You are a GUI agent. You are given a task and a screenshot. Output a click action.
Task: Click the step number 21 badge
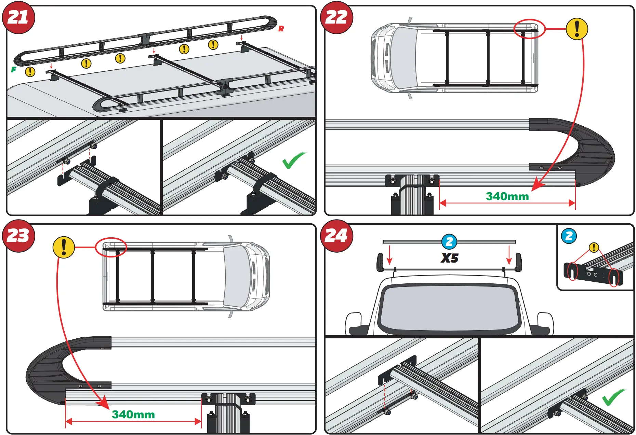tap(18, 17)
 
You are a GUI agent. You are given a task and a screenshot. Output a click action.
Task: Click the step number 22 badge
tap(336, 17)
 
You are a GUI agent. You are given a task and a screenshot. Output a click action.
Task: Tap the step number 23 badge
tap(18, 236)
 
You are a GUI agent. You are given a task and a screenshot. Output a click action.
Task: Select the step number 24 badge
tap(336, 236)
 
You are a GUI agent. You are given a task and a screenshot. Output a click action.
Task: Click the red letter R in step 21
tap(281, 29)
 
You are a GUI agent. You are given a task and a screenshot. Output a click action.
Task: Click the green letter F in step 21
tap(14, 70)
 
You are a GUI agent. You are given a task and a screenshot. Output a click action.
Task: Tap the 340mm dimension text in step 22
tap(507, 196)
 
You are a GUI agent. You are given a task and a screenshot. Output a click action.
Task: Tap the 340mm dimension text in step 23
tap(133, 415)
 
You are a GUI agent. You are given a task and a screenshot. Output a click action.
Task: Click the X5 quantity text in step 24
tap(449, 258)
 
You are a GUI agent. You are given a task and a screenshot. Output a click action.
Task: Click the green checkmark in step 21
tap(293, 160)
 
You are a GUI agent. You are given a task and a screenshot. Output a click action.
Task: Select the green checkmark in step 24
tap(613, 397)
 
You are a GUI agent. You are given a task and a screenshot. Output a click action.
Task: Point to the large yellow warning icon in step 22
tap(577, 29)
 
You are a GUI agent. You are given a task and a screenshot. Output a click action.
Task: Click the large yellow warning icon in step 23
tap(64, 247)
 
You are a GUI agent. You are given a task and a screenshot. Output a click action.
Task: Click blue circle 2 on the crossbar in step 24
tap(449, 242)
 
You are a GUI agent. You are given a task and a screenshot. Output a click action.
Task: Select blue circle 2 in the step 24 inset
tap(569, 236)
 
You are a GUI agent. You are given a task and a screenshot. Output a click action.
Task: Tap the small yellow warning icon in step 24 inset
tap(594, 247)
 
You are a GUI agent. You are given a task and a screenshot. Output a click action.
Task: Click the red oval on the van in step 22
tap(529, 29)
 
